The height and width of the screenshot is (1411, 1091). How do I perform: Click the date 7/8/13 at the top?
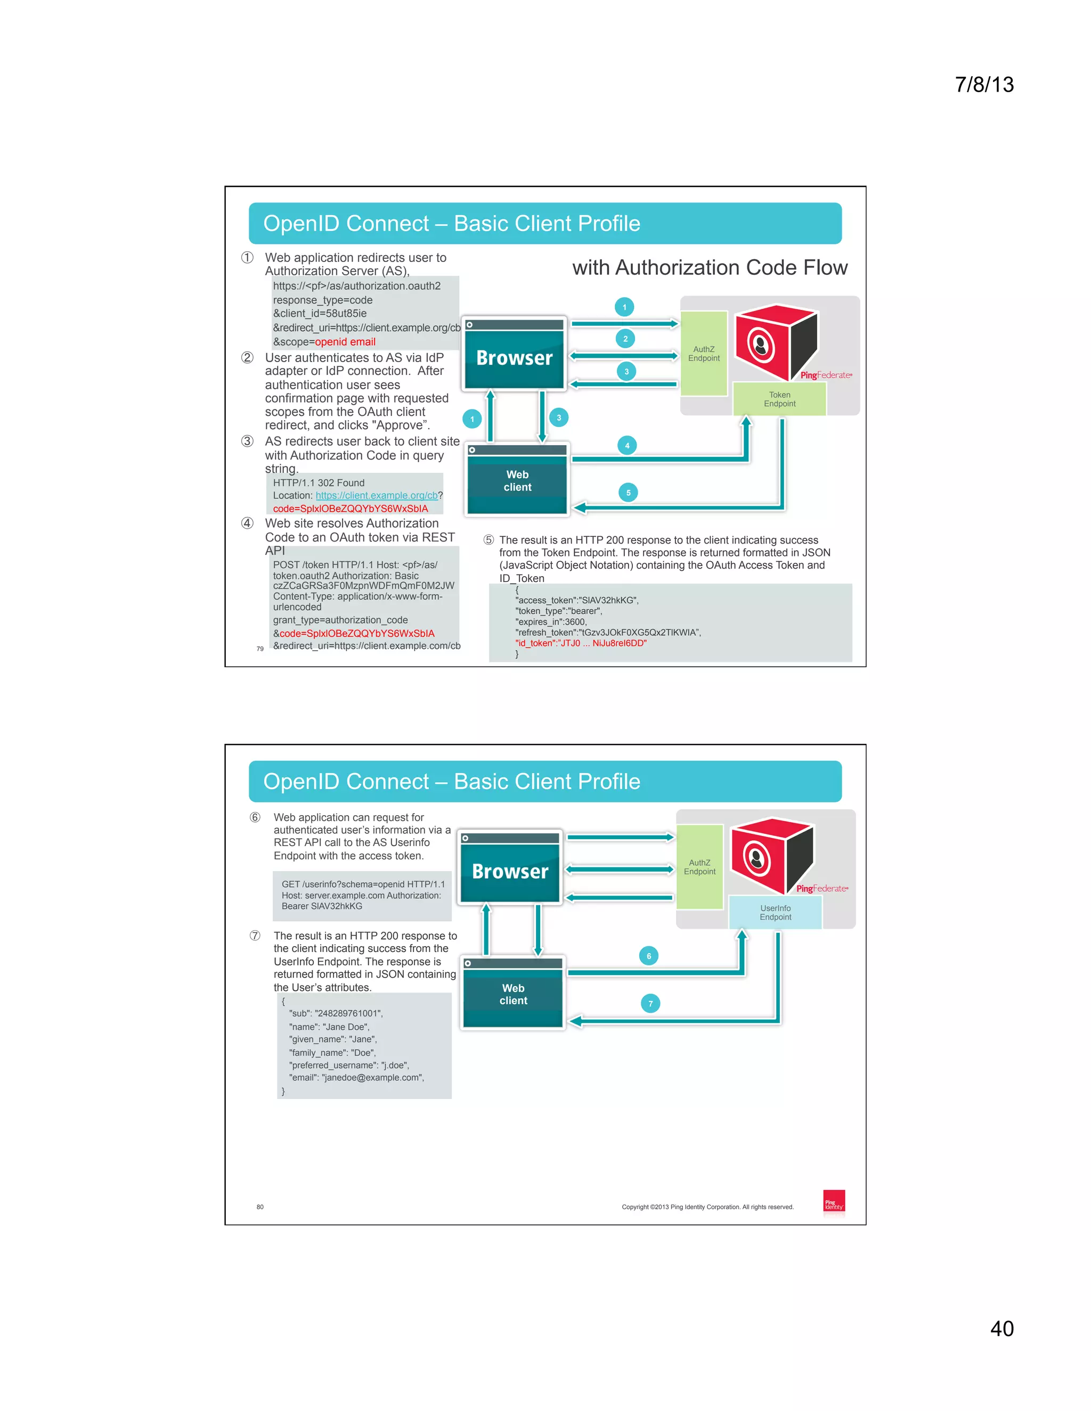point(984,85)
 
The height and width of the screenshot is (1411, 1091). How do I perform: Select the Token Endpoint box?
point(779,399)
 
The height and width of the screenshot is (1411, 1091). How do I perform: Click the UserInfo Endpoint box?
point(775,912)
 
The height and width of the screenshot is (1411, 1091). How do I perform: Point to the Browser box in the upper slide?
point(515,357)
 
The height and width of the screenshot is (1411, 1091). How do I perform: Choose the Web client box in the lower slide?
point(513,994)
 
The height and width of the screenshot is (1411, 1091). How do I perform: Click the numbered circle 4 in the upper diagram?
point(627,446)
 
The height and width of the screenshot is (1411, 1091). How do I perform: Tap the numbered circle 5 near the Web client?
point(628,493)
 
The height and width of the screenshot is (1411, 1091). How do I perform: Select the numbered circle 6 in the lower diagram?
point(649,956)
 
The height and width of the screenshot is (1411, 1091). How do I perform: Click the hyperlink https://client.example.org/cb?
point(376,496)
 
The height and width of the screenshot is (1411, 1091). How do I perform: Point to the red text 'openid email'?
point(345,342)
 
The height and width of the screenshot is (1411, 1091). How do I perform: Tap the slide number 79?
point(260,649)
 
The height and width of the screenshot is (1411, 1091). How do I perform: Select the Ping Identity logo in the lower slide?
point(834,1202)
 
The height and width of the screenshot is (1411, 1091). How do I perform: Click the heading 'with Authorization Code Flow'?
point(710,267)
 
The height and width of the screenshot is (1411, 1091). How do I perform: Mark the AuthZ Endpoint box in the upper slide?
point(704,354)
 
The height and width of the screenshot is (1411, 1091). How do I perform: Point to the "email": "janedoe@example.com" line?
point(357,1078)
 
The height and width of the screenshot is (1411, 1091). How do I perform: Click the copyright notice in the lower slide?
point(707,1207)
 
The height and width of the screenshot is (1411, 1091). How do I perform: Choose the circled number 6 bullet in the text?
point(255,818)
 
